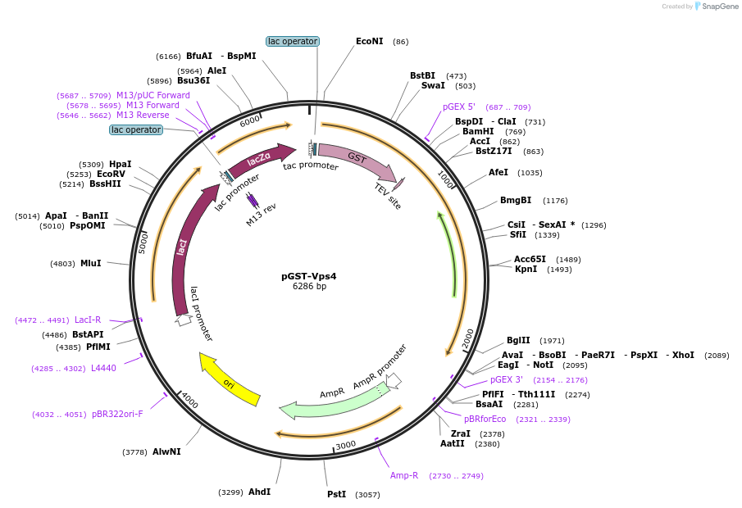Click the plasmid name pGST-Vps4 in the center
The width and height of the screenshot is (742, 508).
[309, 276]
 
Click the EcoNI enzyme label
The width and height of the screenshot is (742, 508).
[369, 41]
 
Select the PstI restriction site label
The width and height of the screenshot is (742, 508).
[337, 494]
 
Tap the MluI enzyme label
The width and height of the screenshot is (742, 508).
[90, 264]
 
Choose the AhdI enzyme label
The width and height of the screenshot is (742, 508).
[259, 492]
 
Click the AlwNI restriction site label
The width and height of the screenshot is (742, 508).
[166, 451]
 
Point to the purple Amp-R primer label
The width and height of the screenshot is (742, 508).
[404, 475]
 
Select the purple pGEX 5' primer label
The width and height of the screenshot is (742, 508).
[459, 107]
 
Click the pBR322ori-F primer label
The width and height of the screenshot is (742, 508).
[117, 414]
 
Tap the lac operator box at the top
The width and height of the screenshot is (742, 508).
[293, 41]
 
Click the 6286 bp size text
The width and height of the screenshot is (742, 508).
[309, 287]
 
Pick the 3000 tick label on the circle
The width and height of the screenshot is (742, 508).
[345, 445]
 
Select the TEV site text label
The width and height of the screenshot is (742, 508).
[388, 196]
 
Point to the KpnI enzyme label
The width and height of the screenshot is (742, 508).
[526, 269]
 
